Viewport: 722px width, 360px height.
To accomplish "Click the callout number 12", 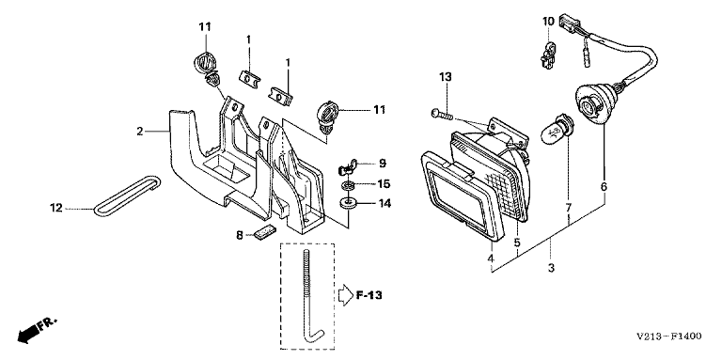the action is (55, 208).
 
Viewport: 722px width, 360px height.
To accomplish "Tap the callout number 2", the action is (140, 132).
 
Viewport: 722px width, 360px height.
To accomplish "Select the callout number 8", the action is (239, 235).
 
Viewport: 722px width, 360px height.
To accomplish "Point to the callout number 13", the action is (446, 77).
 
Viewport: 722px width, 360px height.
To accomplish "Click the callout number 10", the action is (548, 21).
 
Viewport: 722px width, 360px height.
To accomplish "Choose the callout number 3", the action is (551, 268).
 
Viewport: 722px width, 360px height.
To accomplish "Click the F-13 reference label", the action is (369, 295).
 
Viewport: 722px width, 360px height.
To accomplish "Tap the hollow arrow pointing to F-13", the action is (345, 295).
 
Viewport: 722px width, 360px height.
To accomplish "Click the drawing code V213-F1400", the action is (669, 337).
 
